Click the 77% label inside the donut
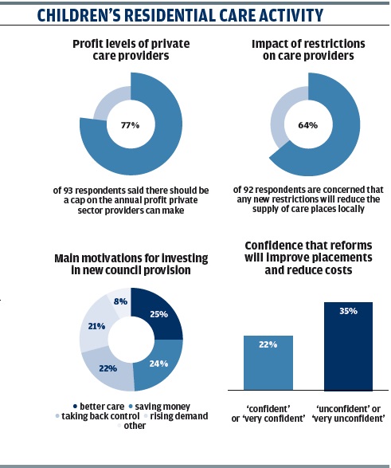point(131,125)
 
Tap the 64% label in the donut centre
point(308,125)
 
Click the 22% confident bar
point(268,363)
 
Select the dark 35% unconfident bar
point(348,346)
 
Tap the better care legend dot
point(75,407)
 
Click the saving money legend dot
point(131,407)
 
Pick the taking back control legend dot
point(57,416)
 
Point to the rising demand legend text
point(179,416)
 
